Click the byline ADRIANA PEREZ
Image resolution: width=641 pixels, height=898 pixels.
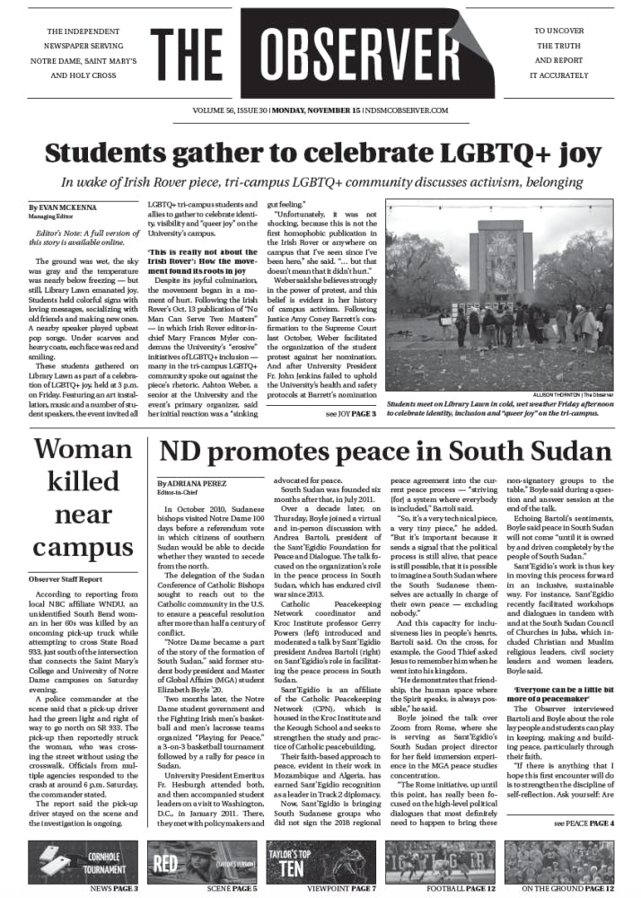click(x=193, y=482)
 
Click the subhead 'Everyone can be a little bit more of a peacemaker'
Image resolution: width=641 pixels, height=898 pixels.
click(x=563, y=668)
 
